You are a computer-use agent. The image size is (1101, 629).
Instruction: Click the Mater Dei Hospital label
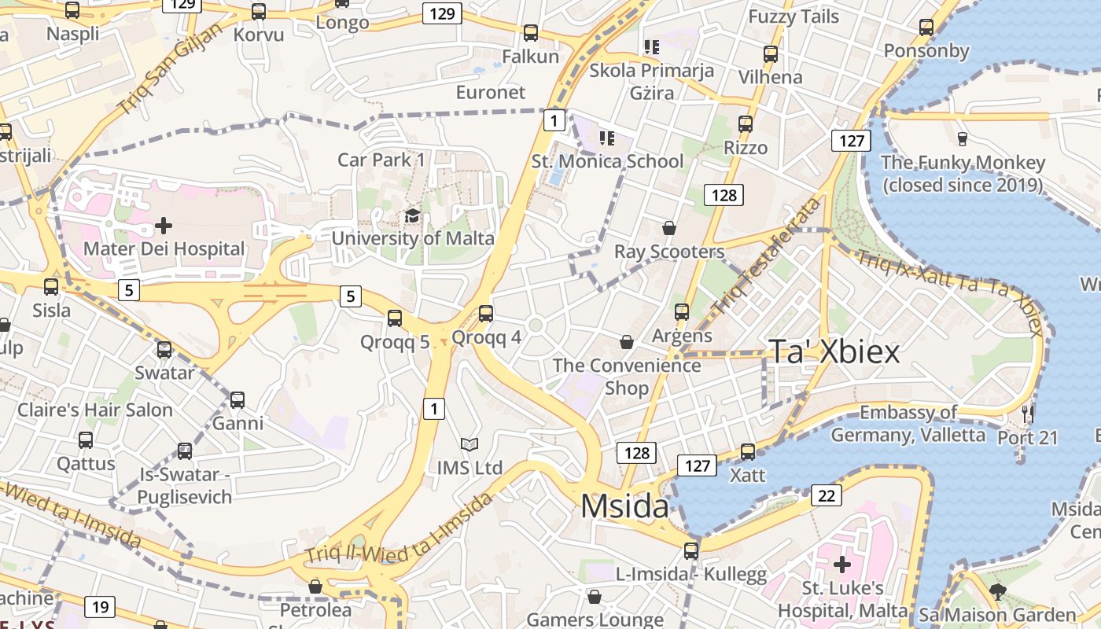coord(164,249)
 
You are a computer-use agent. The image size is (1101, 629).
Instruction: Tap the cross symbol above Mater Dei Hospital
coord(164,226)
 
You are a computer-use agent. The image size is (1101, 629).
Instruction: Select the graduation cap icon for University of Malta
coord(412,216)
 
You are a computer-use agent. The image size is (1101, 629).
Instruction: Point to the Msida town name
coord(624,506)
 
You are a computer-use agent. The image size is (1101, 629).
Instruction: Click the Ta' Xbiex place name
coord(834,351)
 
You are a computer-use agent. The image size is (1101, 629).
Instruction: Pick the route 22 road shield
coord(826,495)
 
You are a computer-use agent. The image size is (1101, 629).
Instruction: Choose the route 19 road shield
coord(100,607)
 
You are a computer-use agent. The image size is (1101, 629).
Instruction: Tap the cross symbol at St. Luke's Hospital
coord(842,565)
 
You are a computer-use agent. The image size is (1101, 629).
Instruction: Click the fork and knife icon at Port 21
coord(1027,414)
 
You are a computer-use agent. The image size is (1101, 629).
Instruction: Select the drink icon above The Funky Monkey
coord(962,139)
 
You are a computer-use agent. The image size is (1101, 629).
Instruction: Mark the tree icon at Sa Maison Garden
coord(998,592)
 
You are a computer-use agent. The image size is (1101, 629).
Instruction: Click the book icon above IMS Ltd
coord(469,445)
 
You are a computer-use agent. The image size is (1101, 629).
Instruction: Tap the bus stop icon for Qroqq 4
coord(486,314)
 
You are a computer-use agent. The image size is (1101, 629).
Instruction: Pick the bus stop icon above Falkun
coord(531,33)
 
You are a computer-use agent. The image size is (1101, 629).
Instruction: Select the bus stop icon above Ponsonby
coord(926,28)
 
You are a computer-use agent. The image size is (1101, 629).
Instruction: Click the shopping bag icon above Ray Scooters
coord(668,229)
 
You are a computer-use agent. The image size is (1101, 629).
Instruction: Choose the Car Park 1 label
coord(381,160)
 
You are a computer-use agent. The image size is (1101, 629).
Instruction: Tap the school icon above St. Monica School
coord(606,138)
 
